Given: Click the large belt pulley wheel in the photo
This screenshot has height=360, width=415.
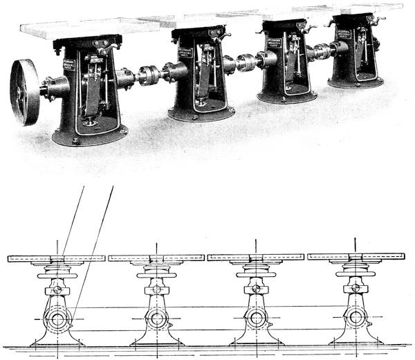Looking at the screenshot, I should [24, 92].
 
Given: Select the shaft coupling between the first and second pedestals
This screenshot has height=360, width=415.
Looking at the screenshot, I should [149, 75].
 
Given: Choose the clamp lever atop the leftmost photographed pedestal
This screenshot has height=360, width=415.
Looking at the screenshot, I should [105, 47].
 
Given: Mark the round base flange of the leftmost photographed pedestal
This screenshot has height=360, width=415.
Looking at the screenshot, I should [90, 137].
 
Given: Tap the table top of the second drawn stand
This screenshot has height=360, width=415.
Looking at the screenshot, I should [156, 258].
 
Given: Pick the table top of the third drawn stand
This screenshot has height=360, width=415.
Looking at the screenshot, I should [256, 258].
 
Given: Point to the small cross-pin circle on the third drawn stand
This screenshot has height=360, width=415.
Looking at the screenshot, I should [256, 289].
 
